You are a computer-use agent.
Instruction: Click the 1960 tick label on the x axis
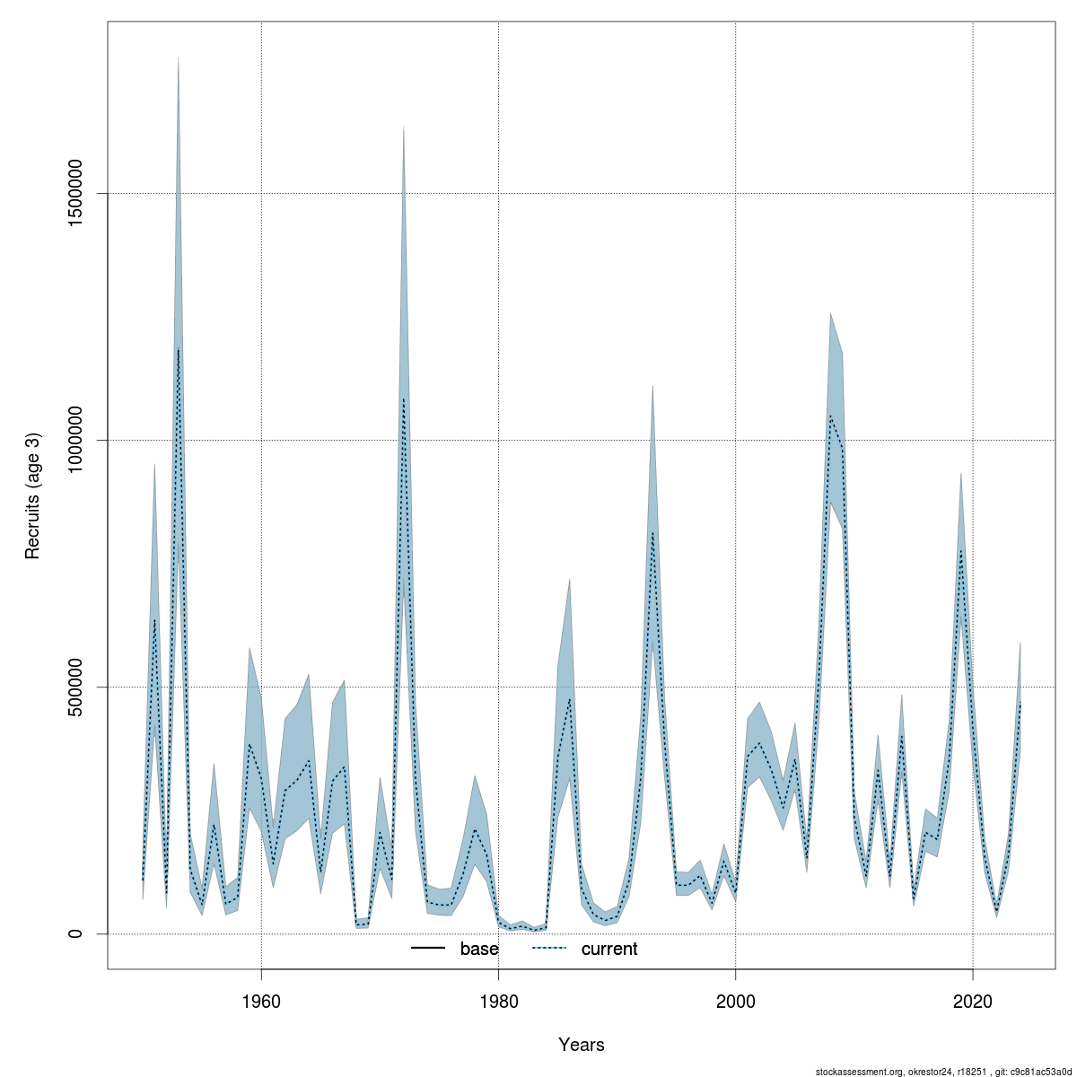click(x=261, y=1000)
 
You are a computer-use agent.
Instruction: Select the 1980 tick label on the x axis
click(x=498, y=1000)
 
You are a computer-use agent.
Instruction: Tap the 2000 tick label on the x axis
click(x=736, y=1000)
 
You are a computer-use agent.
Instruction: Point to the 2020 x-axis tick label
click(x=973, y=1000)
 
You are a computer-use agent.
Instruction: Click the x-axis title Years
click(x=582, y=1045)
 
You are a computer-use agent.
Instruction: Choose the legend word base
click(x=479, y=949)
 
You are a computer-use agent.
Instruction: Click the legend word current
click(x=609, y=949)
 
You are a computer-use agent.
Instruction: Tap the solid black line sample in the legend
click(x=429, y=949)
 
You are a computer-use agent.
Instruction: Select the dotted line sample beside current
click(x=549, y=949)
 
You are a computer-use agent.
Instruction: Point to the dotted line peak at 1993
click(x=652, y=533)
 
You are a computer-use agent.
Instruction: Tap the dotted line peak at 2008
click(x=831, y=416)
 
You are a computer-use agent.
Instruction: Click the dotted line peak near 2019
click(x=961, y=550)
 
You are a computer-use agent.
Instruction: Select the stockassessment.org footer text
click(x=943, y=1071)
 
